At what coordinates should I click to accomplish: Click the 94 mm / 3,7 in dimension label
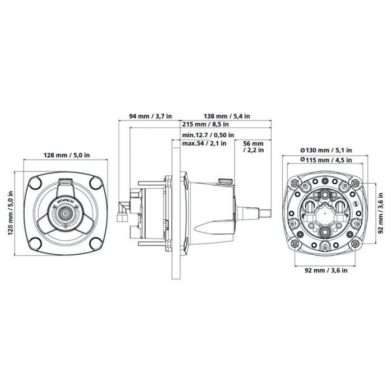(150, 116)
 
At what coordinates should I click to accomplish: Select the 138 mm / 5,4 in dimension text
(227, 116)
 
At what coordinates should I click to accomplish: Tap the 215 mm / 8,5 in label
(206, 124)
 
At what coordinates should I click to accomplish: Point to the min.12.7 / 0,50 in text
(208, 136)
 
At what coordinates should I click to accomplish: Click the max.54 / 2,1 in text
(204, 143)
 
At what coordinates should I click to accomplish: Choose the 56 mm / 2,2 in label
(254, 147)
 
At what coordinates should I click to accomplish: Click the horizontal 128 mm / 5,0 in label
(67, 155)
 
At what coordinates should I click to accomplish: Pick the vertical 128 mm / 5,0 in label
(10, 213)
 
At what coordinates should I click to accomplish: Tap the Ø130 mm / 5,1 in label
(326, 150)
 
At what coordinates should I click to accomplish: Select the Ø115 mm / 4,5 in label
(326, 160)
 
